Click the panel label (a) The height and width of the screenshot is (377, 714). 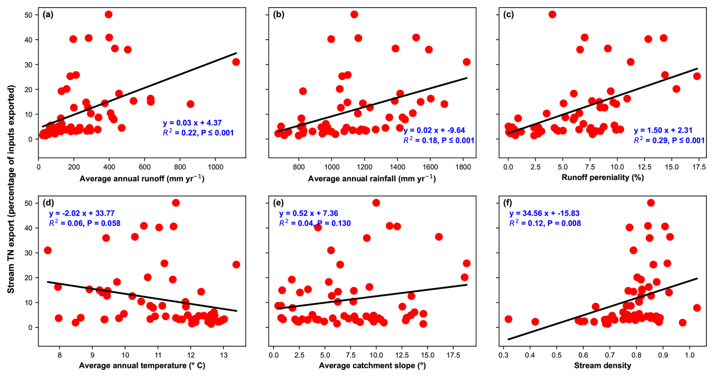coord(48,15)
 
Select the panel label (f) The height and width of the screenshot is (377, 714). coord(508,203)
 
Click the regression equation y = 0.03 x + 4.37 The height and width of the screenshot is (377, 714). coord(192,123)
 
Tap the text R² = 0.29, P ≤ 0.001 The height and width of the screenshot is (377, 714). coord(669,140)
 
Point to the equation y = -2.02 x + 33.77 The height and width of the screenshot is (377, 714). coord(82,213)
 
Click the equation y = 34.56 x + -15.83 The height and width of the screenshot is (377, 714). coord(544,213)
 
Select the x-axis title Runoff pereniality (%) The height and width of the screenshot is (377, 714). coord(603,177)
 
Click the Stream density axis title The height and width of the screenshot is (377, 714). coord(603,365)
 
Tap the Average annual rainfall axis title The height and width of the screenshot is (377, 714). coord(372,178)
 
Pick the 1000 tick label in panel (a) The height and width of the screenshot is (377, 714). coord(215,167)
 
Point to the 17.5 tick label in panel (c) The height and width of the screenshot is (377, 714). coord(699,167)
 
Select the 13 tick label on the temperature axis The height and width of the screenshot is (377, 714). coord(223,355)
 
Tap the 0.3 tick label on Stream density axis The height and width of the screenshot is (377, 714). coord(503,355)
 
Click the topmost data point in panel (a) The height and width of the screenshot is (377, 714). coord(108,14)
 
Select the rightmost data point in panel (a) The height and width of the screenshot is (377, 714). coord(236,62)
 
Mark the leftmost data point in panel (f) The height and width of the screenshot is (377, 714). coord(508,319)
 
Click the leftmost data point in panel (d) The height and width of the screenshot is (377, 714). coord(48,250)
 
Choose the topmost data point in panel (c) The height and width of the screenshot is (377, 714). coord(552,14)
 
